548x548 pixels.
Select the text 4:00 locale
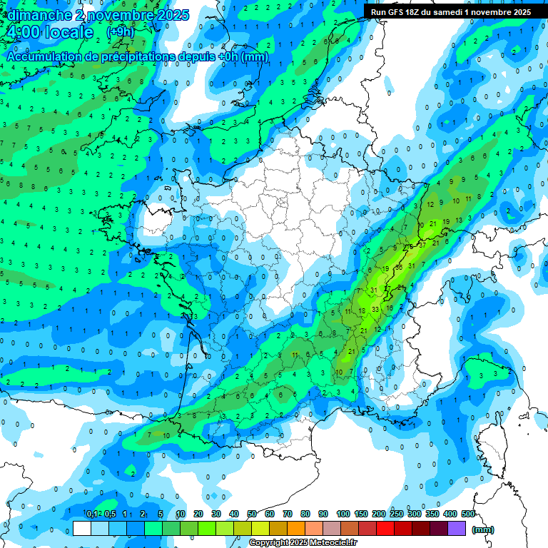click(x=49, y=33)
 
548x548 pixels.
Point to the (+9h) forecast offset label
click(x=121, y=32)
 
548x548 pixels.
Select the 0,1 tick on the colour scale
click(x=92, y=514)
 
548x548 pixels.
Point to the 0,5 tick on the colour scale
click(x=110, y=514)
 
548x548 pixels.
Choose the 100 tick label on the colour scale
click(x=342, y=514)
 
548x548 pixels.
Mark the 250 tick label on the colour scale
click(x=396, y=514)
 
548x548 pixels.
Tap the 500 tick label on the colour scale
click(x=468, y=514)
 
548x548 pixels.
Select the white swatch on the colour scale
click(x=82, y=528)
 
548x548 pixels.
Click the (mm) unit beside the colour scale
click(x=483, y=529)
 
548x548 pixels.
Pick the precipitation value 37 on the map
click(x=422, y=244)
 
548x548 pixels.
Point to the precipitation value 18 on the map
click(x=362, y=310)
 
